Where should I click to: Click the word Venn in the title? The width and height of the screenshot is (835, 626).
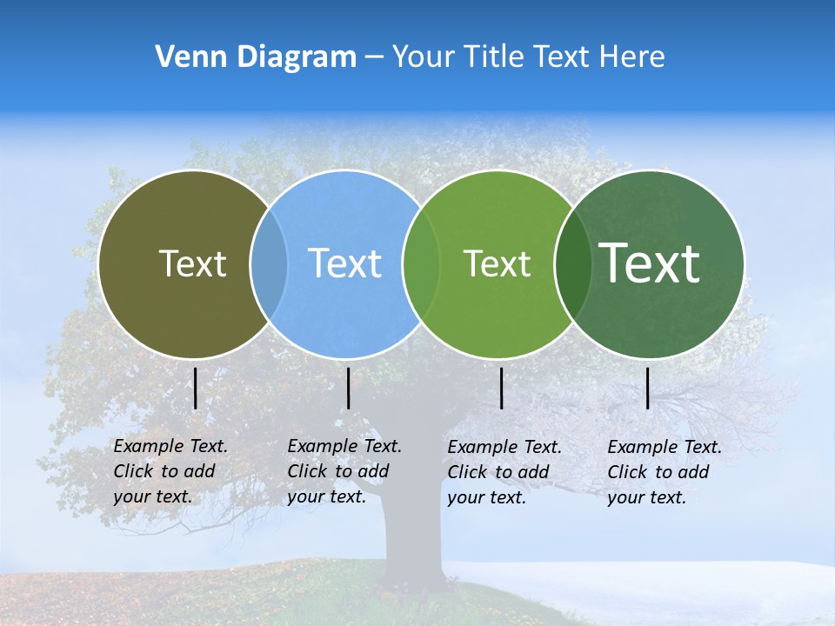click(183, 57)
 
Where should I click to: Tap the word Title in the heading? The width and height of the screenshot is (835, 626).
click(494, 57)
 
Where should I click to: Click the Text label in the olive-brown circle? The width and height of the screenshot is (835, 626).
click(192, 263)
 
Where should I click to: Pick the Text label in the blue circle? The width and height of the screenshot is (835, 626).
click(345, 263)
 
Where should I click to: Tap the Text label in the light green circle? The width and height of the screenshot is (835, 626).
click(497, 263)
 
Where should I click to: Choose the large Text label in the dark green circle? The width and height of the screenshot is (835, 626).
click(650, 263)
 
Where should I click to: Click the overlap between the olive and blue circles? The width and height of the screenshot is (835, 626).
click(269, 264)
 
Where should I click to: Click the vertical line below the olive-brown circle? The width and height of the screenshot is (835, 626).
click(196, 388)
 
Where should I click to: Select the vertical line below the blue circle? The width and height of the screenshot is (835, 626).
click(348, 388)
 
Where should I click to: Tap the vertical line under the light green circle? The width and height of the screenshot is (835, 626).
click(502, 388)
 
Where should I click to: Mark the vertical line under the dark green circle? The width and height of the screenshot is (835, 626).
click(648, 388)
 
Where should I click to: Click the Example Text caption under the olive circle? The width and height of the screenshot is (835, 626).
click(170, 471)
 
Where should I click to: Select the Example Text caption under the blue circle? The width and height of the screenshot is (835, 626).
click(344, 471)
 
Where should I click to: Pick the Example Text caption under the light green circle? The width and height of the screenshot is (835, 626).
click(504, 472)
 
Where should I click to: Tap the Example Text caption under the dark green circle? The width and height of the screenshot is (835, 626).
click(665, 472)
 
